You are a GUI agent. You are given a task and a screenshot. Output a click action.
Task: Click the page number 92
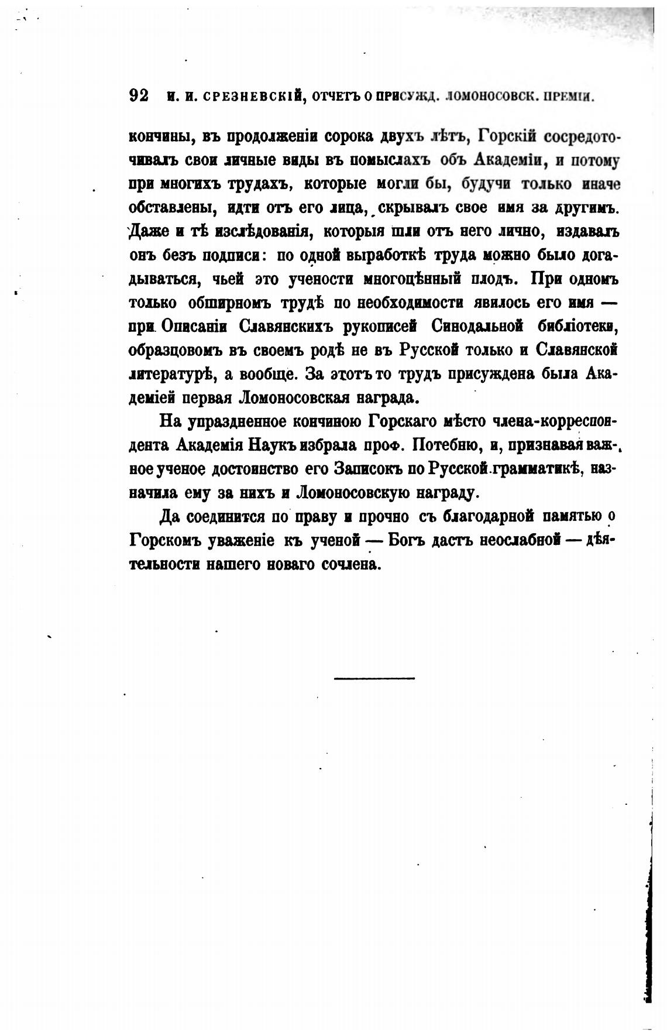click(138, 95)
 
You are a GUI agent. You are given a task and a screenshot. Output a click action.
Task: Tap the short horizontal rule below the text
click(374, 678)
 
